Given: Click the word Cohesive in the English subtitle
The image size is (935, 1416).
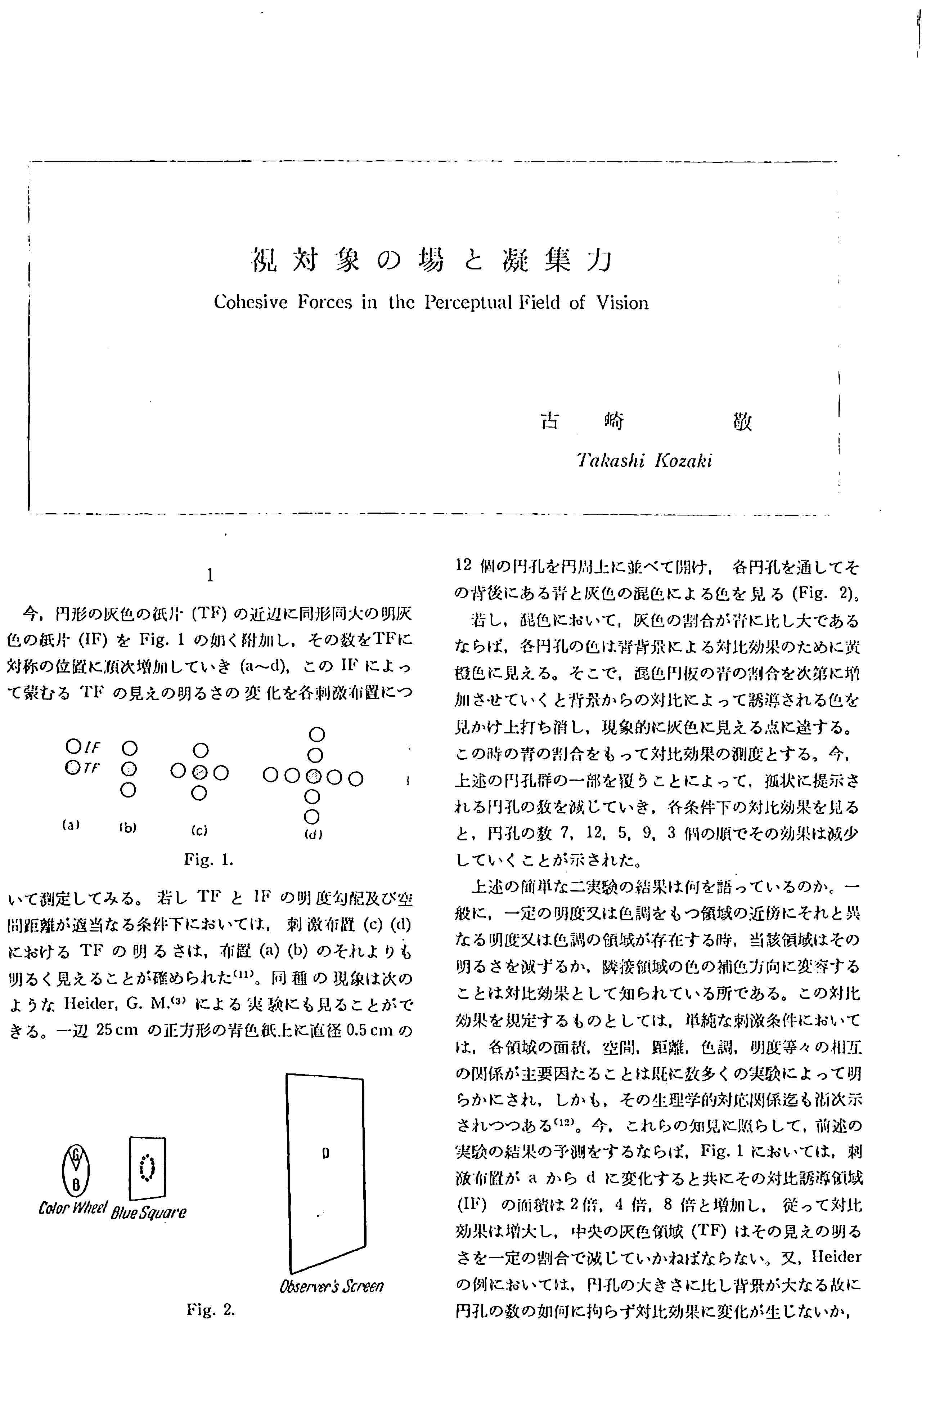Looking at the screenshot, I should click(251, 303).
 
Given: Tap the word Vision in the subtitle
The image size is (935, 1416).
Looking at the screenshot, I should click(622, 303).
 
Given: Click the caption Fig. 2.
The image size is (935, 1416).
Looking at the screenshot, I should click(211, 1310).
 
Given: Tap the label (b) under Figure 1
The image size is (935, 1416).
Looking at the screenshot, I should click(128, 827).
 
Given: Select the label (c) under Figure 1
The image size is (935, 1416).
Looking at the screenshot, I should click(199, 830).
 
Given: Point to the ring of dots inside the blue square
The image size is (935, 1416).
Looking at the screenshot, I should click(147, 1167).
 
